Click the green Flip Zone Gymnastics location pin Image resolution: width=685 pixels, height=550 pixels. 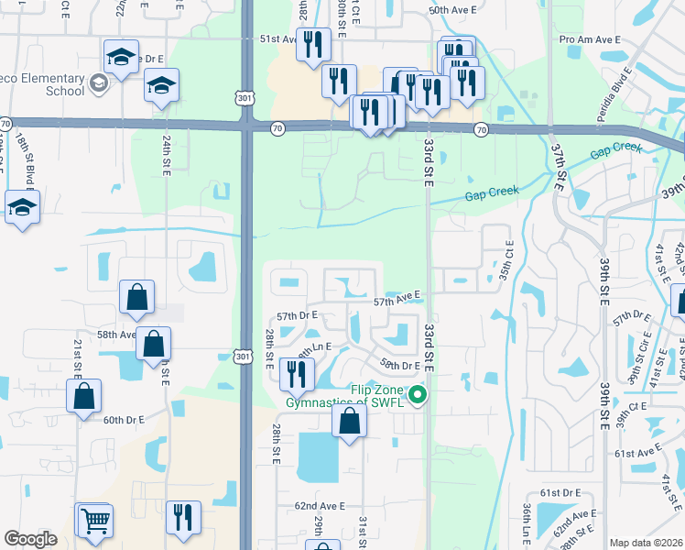pos(419,396)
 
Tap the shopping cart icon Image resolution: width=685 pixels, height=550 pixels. pos(93,520)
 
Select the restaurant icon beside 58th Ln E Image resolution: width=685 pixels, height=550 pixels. pos(296,373)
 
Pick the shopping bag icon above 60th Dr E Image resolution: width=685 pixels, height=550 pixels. pos(83,396)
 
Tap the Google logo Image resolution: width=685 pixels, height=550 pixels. pos(30,539)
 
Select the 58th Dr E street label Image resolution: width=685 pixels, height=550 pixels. pos(400,365)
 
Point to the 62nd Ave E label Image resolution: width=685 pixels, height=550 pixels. pos(319,505)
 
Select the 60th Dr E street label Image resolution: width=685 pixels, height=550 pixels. pos(124,420)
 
